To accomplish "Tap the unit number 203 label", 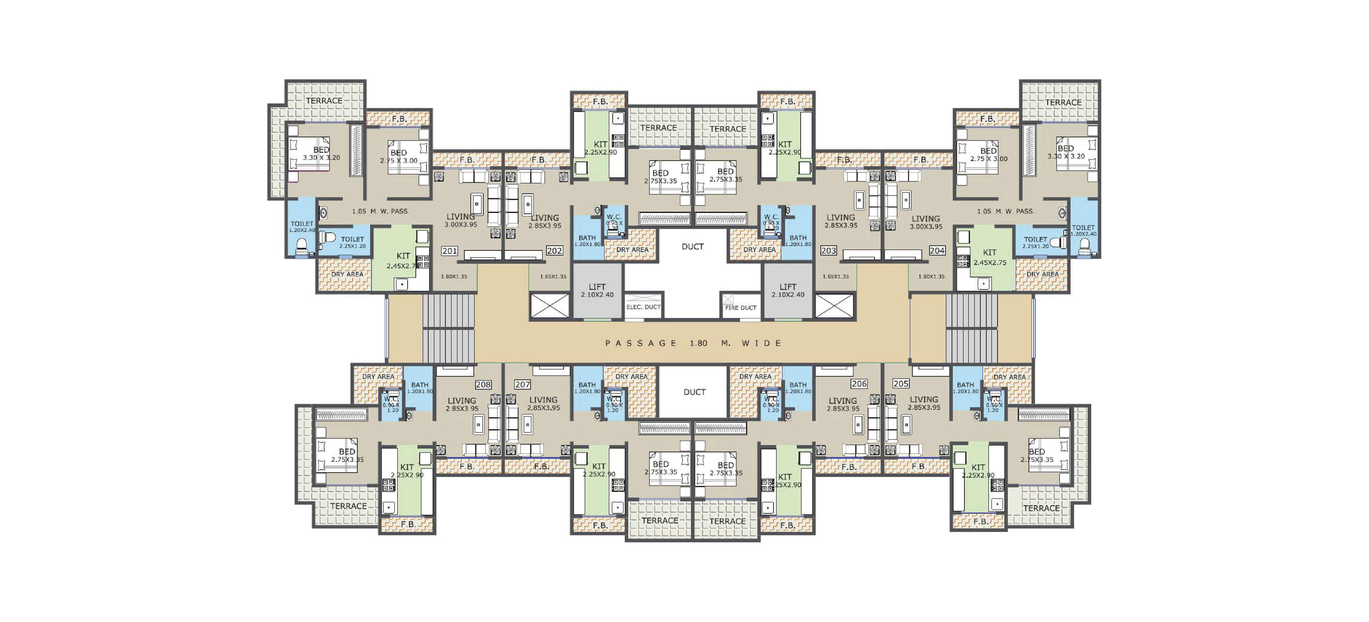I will pos(829,251).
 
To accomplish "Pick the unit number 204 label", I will pos(937,251).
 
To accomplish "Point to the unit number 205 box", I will pos(901,383).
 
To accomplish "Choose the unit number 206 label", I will pos(859,383).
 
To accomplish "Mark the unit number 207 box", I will pos(522,384).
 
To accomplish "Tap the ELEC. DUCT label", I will pos(643,307).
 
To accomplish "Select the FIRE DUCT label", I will pos(741,308).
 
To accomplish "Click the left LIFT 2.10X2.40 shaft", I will pos(597,291).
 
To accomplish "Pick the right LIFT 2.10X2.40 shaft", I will pos(788,291).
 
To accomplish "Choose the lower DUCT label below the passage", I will pos(694,392).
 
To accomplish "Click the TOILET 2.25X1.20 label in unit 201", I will pos(352,242).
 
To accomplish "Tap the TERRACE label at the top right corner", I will pos(1063,103).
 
